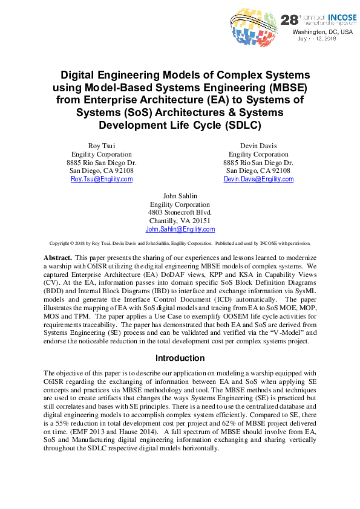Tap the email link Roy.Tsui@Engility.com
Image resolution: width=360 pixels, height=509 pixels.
(102, 180)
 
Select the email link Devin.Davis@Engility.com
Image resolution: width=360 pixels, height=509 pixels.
(258, 180)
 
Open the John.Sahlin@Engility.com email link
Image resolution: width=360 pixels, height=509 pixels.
(180, 230)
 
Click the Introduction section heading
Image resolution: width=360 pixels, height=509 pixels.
(180, 358)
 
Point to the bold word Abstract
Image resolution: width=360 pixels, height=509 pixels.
(57, 257)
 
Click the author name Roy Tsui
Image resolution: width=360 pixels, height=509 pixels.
(102, 146)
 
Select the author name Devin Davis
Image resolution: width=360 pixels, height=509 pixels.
(258, 146)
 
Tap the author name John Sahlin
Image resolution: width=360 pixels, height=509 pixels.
(180, 196)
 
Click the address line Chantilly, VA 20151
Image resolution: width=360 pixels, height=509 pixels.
(180, 221)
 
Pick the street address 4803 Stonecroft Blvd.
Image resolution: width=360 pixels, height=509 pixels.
(180, 213)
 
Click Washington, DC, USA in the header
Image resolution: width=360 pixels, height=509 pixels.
(322, 31)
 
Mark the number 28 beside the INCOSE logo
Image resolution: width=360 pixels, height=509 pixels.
(287, 20)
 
